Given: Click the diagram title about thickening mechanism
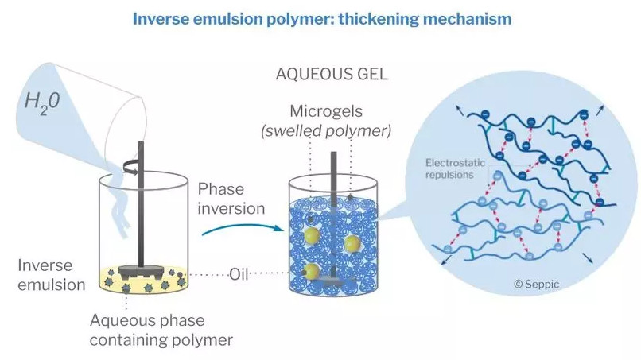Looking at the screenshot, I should click(x=321, y=18).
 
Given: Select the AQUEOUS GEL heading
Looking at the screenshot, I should click(x=331, y=76).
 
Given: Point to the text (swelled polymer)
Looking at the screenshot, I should click(x=326, y=130).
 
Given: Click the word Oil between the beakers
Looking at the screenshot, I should click(x=239, y=274).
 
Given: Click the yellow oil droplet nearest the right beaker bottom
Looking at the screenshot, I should click(x=313, y=273).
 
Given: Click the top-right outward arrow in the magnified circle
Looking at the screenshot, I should click(x=599, y=110).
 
